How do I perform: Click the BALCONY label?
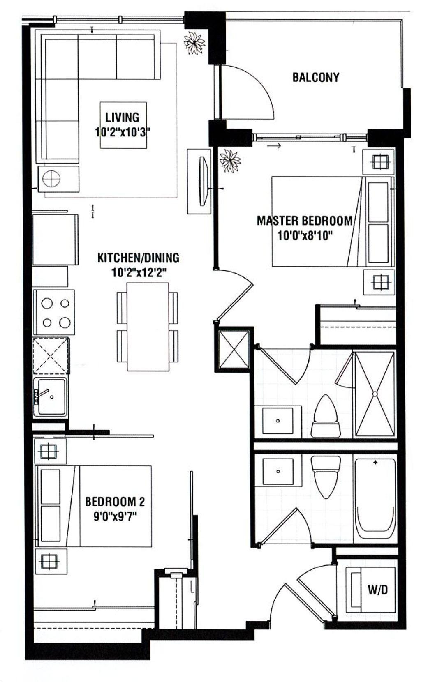click(316, 77)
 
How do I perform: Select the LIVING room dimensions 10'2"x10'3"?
click(123, 132)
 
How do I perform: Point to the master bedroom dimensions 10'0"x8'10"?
click(304, 235)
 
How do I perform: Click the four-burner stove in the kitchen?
click(54, 312)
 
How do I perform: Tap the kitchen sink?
click(51, 397)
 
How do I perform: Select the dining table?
click(148, 327)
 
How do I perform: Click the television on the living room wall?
click(204, 181)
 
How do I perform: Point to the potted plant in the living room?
click(194, 43)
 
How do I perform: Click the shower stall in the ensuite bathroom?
click(375, 394)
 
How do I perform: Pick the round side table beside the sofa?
click(51, 179)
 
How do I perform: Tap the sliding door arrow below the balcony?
click(274, 146)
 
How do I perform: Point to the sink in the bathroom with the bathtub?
click(278, 472)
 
